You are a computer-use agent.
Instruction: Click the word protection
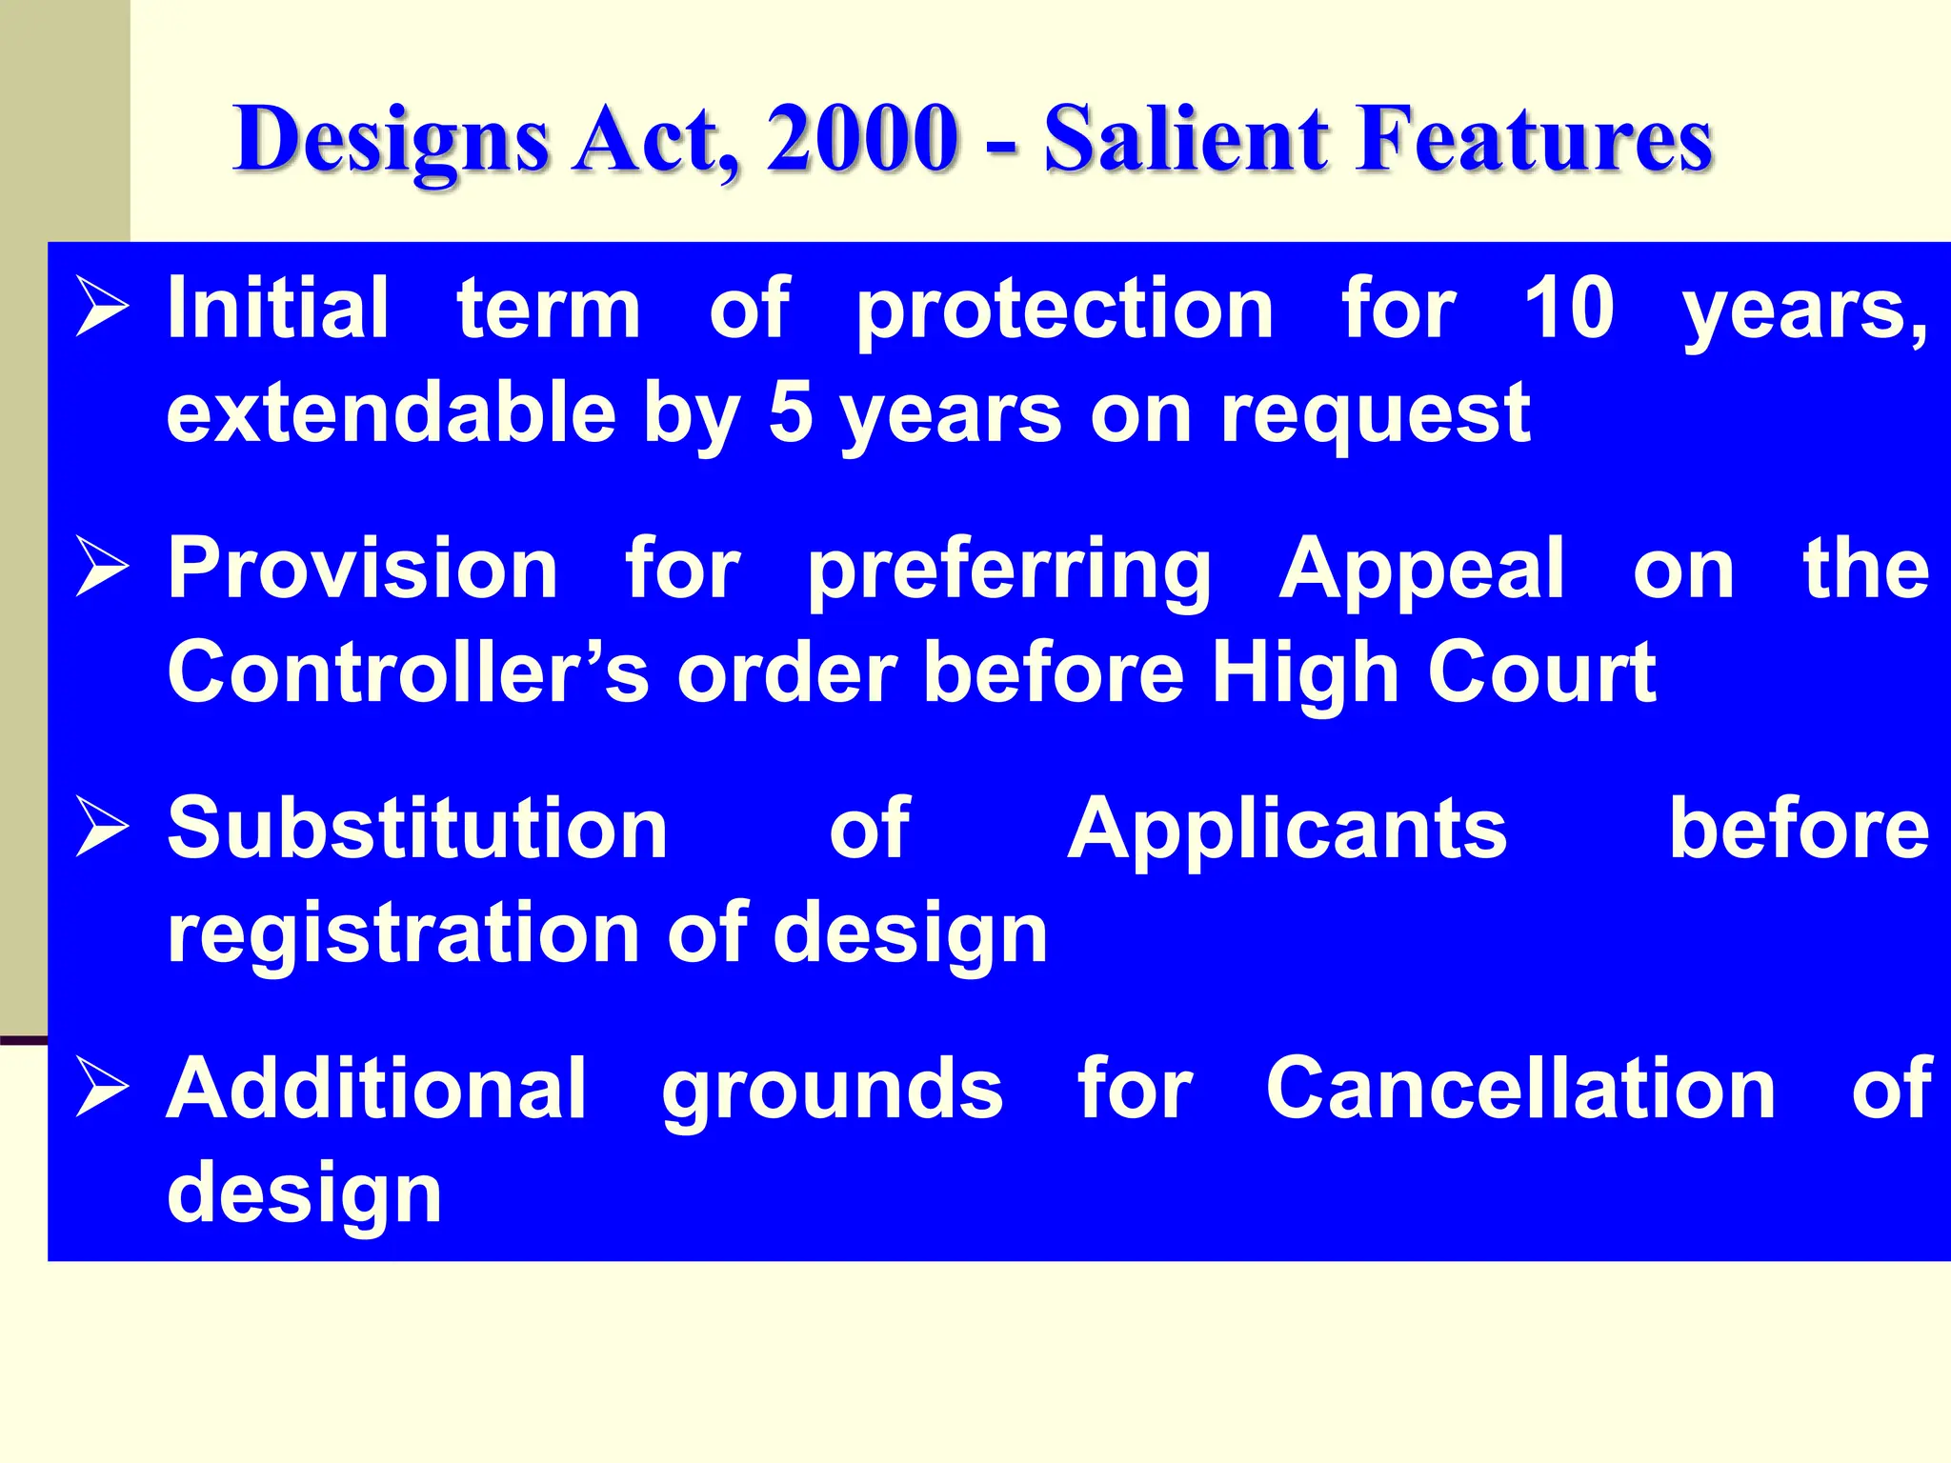point(1064,311)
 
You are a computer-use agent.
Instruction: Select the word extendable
point(392,412)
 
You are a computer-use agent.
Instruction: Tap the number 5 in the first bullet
point(790,412)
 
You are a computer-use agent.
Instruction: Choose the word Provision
point(363,569)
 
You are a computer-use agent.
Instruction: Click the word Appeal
point(1421,571)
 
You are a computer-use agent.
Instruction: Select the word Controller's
point(409,672)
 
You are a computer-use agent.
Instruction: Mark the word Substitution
point(417,829)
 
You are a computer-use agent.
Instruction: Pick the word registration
point(403,933)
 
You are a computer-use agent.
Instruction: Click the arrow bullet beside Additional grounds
point(102,1088)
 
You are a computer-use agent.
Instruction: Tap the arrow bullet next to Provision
point(102,569)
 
